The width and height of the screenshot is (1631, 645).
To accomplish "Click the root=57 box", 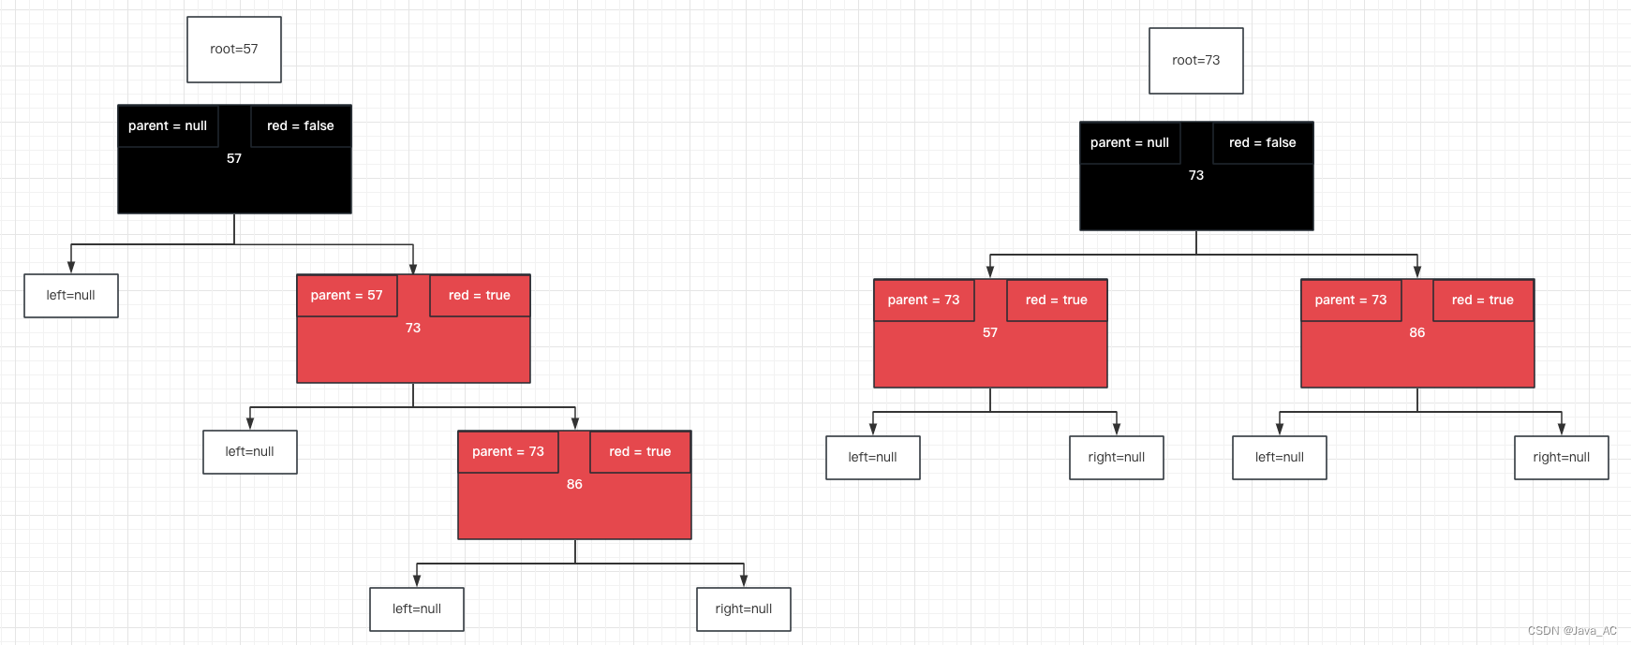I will tap(234, 50).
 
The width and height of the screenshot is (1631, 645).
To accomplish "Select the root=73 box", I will tap(1195, 61).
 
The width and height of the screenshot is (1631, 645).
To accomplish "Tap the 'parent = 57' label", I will tap(347, 296).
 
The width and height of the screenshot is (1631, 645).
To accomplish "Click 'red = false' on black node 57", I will tap(300, 126).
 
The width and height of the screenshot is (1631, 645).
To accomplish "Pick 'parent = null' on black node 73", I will tap(1129, 143).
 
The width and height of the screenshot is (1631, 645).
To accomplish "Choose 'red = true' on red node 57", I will tap(1056, 301).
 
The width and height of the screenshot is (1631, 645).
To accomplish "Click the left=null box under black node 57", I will tap(71, 296).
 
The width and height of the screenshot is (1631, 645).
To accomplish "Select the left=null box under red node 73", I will tap(249, 452).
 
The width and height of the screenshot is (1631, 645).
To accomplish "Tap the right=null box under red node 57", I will tap(1116, 458).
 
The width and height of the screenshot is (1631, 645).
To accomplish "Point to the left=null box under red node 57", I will tap(872, 458).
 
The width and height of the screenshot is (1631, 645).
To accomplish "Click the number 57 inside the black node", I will tap(234, 159).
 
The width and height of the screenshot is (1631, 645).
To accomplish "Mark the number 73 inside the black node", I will tap(1196, 176).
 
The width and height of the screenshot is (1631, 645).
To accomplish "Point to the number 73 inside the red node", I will tap(413, 329).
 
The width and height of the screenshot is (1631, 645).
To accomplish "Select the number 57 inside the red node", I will tap(990, 333).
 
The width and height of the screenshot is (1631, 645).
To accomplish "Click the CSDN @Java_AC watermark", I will tap(1572, 631).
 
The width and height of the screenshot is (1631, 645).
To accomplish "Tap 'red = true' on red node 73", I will tap(479, 296).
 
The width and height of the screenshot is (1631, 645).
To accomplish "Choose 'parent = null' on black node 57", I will tap(168, 126).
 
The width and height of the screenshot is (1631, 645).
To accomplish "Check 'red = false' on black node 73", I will tap(1262, 143).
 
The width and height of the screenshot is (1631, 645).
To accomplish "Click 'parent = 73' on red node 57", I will tap(924, 301).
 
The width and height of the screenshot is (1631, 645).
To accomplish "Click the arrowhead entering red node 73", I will tap(413, 269).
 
